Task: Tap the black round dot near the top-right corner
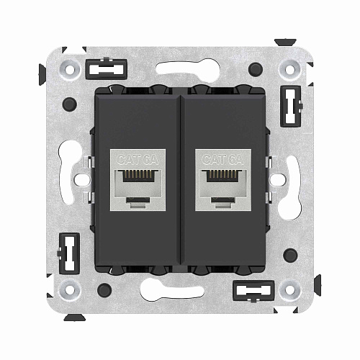point(256,70)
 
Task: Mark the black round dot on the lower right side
point(290,254)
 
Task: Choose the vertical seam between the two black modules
point(180,180)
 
